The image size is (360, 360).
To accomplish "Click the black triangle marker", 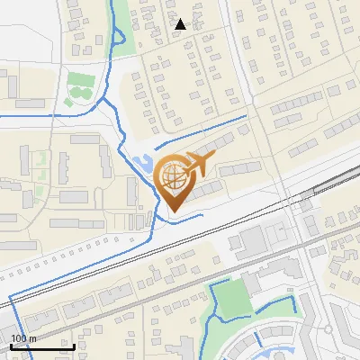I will click(x=181, y=24).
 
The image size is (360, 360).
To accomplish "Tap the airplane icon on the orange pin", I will click(x=197, y=165).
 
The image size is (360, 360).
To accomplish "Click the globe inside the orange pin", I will click(x=173, y=178).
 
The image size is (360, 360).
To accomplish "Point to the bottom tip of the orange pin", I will click(x=173, y=212).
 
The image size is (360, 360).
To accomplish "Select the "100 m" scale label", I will click(x=23, y=338).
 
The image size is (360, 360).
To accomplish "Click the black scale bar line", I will click(x=41, y=346).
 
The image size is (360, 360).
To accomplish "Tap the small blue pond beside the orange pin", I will click(x=142, y=165).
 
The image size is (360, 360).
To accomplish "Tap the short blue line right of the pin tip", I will click(x=191, y=216).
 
